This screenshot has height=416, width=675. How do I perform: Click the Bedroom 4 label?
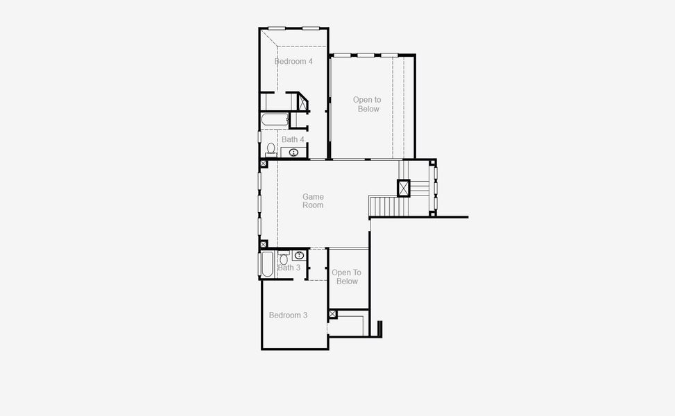click(293, 62)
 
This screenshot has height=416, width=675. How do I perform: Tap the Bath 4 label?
click(293, 139)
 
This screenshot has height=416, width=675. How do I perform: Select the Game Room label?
click(313, 201)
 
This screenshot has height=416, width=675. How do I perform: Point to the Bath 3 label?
click(289, 268)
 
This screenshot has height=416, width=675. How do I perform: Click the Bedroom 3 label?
click(288, 315)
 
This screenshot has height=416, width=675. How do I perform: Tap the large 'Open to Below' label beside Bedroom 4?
click(367, 104)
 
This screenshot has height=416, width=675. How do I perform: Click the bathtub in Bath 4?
click(275, 121)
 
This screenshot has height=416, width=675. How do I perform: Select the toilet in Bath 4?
click(271, 148)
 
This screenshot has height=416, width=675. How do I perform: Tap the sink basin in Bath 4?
click(294, 153)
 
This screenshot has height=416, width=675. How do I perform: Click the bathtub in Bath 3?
click(267, 264)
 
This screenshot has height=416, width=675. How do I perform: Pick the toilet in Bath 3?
click(284, 259)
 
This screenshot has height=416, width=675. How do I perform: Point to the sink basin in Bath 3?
click(299, 255)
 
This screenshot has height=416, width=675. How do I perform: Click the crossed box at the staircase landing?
click(404, 188)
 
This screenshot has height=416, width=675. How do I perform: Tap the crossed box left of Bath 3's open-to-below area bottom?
click(332, 315)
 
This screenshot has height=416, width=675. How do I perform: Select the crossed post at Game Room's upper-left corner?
click(264, 164)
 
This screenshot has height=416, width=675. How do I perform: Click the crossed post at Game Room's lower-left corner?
click(264, 244)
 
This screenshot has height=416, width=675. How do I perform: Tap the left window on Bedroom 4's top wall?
click(277, 28)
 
